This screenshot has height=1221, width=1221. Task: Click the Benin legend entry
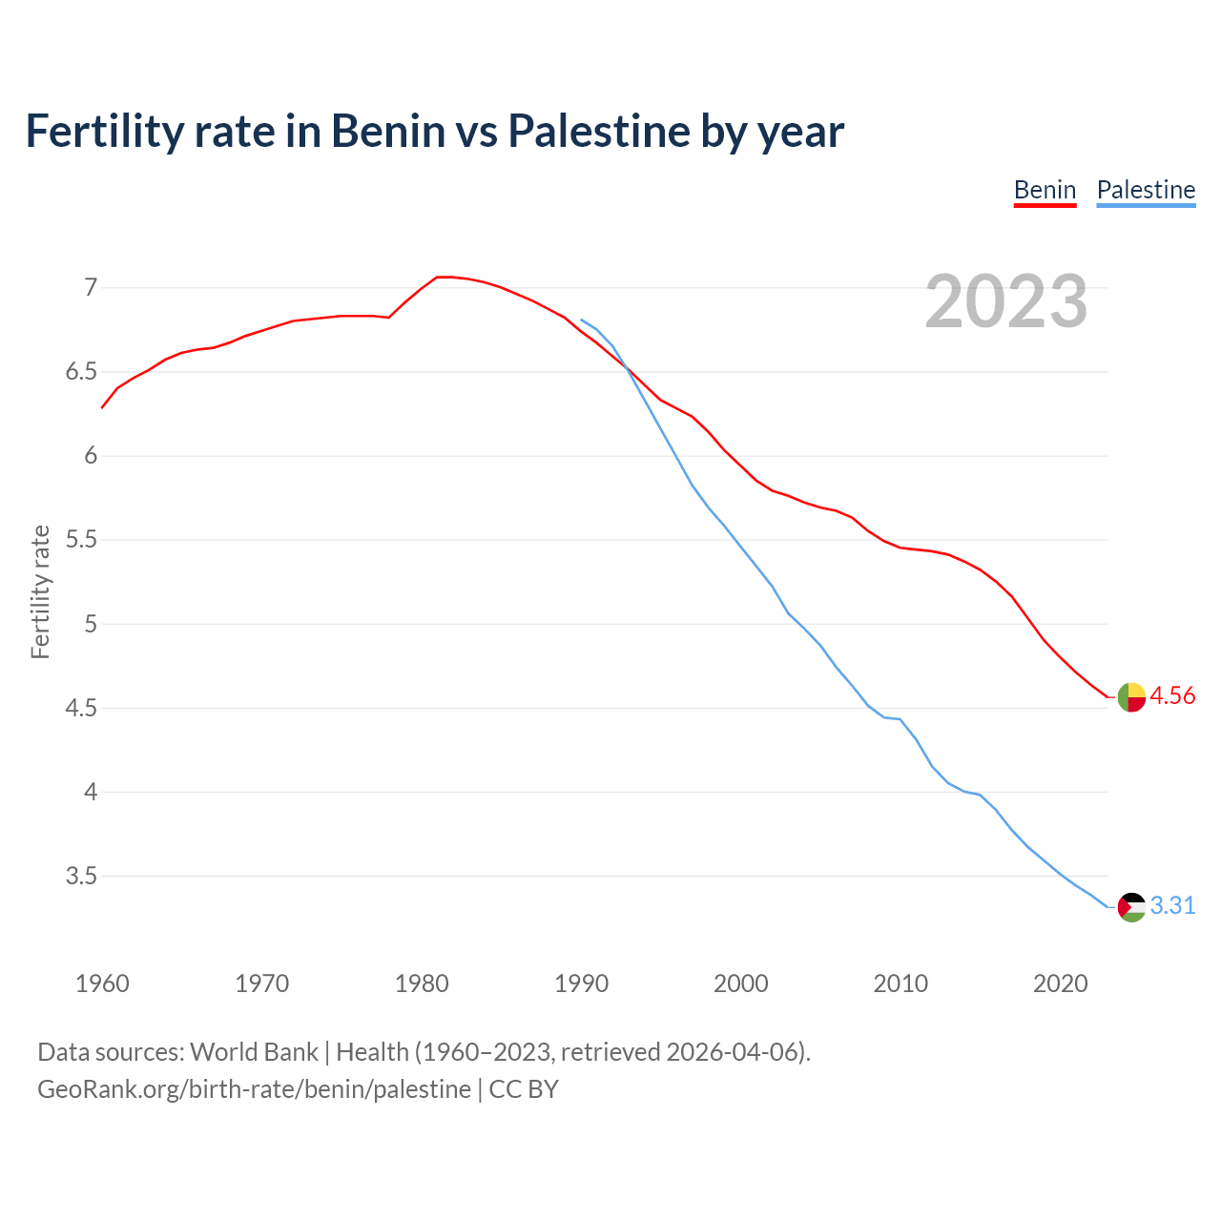click(1045, 190)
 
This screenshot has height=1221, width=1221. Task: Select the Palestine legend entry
click(1146, 190)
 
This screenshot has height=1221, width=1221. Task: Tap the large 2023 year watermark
click(1006, 301)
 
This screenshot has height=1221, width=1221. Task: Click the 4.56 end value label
click(1172, 696)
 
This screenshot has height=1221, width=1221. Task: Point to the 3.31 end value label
click(1172, 906)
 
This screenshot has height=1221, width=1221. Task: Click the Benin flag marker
click(1131, 697)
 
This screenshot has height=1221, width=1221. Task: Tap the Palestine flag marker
click(1131, 907)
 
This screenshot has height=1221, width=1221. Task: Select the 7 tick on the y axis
click(91, 287)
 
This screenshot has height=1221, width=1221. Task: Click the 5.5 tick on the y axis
click(81, 540)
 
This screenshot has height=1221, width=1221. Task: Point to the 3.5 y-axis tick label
click(81, 876)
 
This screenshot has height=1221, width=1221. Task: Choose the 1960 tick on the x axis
click(102, 983)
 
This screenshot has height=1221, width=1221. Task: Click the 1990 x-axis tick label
click(581, 983)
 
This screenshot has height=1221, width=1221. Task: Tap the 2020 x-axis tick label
click(1060, 983)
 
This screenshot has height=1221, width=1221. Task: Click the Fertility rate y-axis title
click(40, 591)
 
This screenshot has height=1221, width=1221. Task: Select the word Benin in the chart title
click(388, 131)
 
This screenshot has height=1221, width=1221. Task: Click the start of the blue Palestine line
click(582, 320)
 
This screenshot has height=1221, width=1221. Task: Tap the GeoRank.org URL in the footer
click(254, 1089)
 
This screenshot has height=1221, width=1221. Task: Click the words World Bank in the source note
click(254, 1052)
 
